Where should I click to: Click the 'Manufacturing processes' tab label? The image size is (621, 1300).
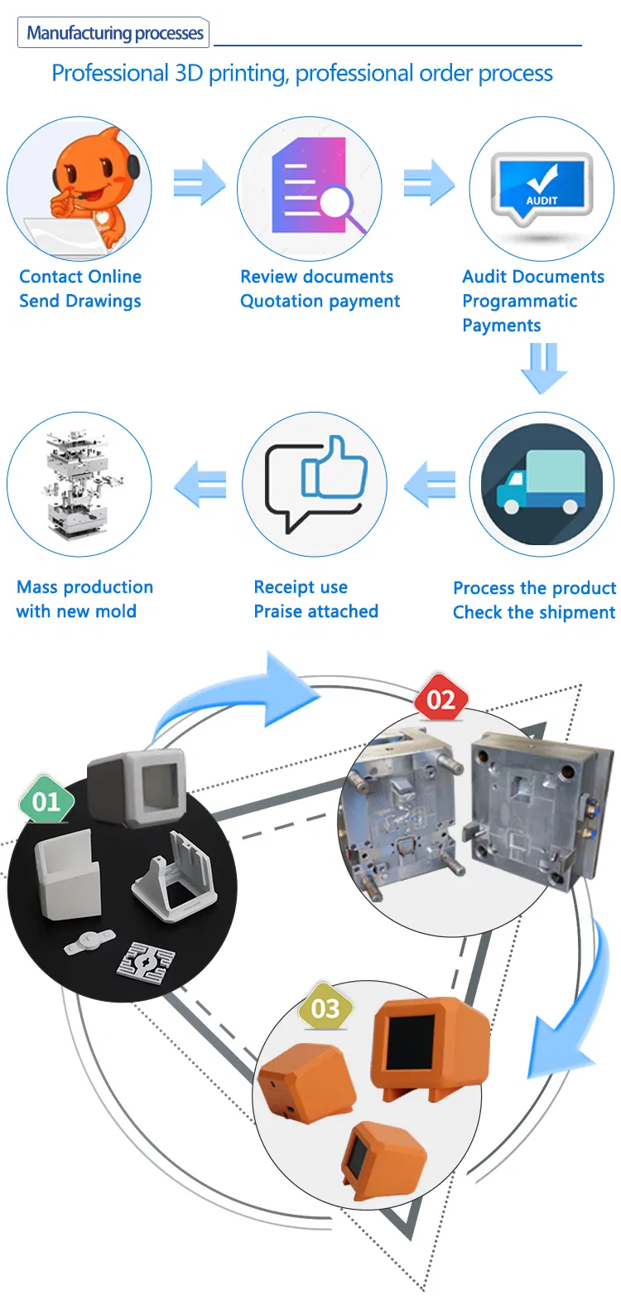(x=114, y=33)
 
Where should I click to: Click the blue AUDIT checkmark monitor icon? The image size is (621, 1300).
(x=542, y=186)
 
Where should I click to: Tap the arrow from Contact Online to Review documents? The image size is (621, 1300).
(x=199, y=182)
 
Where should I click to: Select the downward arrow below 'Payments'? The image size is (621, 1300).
(x=544, y=368)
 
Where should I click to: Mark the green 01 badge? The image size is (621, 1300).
(x=46, y=800)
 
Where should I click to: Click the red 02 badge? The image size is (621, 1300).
(x=440, y=700)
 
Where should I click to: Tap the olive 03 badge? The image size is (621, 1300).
(x=325, y=1008)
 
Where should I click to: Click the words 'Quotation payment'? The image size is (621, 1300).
(x=320, y=301)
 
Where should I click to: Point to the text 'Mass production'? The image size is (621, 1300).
(x=84, y=587)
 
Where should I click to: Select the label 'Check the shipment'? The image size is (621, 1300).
(x=533, y=612)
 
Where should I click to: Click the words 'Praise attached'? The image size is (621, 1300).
(x=315, y=611)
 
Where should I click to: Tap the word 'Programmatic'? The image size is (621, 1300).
(x=519, y=301)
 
